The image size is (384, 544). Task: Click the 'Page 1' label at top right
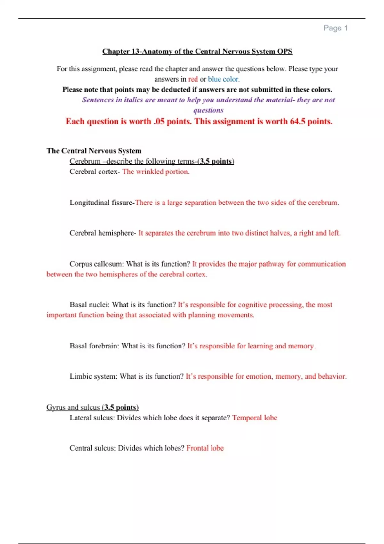point(335,28)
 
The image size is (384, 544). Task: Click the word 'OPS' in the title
point(285,52)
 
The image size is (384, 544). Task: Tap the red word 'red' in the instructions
point(193,79)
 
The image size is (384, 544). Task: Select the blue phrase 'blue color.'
point(224,79)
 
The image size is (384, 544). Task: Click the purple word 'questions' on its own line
point(208,110)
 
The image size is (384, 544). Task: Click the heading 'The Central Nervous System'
point(94,151)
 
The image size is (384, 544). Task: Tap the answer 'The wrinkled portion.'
point(156,172)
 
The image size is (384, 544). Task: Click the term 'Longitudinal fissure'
point(101,203)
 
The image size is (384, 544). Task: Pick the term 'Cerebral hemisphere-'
point(103,233)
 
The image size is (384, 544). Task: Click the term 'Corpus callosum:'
point(97,264)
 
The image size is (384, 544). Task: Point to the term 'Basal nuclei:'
point(90,305)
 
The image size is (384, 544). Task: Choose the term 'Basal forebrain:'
point(94,346)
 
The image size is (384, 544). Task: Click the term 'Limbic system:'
point(93,376)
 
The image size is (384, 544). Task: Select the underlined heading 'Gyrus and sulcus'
point(73,407)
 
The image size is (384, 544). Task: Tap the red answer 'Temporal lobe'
point(255,418)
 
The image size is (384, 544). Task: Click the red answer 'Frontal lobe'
point(205,448)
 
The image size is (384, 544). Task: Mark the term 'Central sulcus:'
point(92,448)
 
